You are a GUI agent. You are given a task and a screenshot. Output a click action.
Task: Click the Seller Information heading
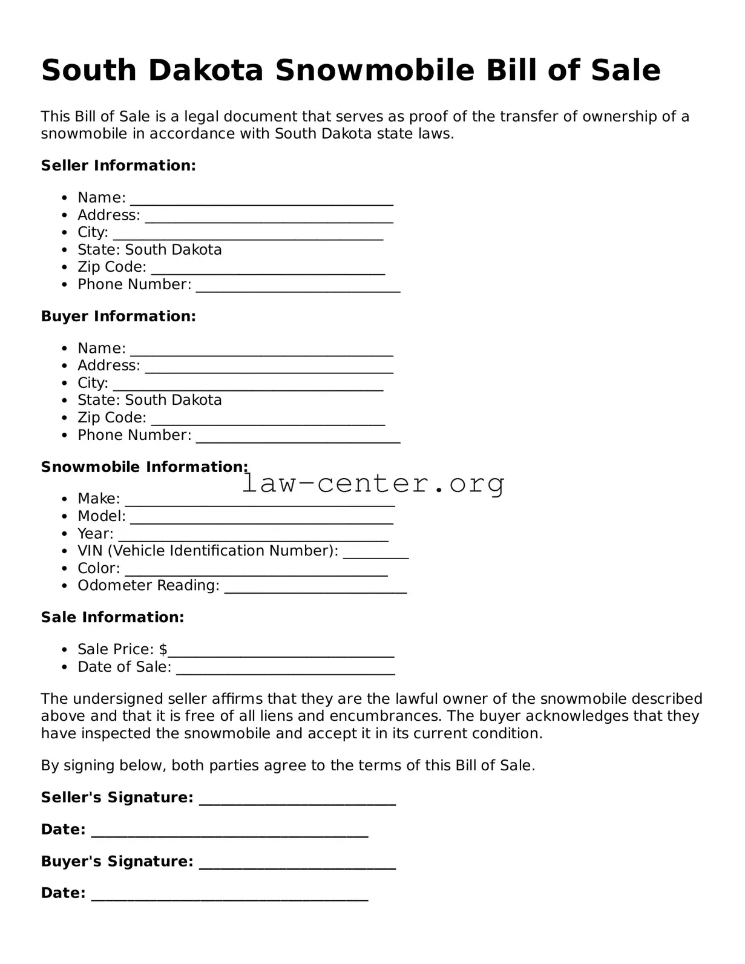pyautogui.click(x=118, y=166)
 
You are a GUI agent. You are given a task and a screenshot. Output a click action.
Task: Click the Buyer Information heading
pyautogui.click(x=118, y=316)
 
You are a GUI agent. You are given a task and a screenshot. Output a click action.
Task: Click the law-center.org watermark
pyautogui.click(x=373, y=484)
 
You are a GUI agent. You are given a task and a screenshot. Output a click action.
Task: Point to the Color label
pyautogui.click(x=99, y=568)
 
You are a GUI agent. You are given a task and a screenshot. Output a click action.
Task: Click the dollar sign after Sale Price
pyautogui.click(x=163, y=649)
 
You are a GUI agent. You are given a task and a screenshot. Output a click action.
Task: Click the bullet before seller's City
pyautogui.click(x=65, y=232)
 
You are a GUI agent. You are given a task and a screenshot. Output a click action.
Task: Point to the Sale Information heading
pyautogui.click(x=112, y=617)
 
